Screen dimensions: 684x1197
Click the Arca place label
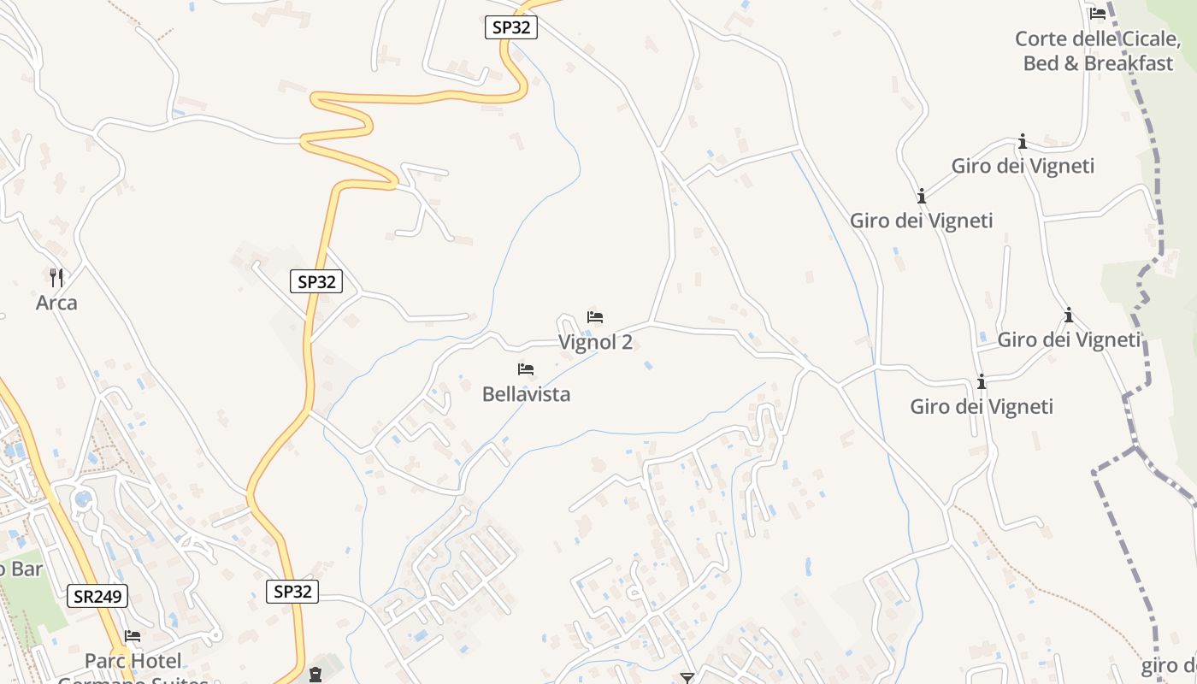click(56, 303)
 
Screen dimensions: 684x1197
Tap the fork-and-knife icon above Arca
click(56, 277)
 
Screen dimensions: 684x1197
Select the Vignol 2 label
click(596, 342)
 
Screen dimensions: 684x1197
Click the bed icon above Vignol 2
click(595, 317)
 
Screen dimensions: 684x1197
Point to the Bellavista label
click(526, 394)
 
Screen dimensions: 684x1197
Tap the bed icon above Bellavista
click(526, 369)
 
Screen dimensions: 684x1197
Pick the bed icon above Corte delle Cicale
click(1098, 13)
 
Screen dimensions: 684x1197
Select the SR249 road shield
click(97, 596)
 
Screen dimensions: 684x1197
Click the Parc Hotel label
click(133, 661)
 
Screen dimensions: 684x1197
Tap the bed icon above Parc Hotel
click(133, 636)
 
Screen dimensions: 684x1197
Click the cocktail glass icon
click(687, 678)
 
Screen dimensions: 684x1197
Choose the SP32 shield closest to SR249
click(292, 591)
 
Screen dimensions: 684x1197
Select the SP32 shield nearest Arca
click(316, 281)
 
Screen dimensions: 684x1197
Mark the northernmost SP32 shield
click(511, 27)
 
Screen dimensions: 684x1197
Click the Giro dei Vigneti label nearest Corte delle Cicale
click(1023, 166)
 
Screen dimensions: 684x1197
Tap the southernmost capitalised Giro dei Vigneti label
click(982, 406)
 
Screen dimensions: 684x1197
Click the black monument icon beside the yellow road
click(316, 675)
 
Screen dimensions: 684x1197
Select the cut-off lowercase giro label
click(1168, 665)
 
